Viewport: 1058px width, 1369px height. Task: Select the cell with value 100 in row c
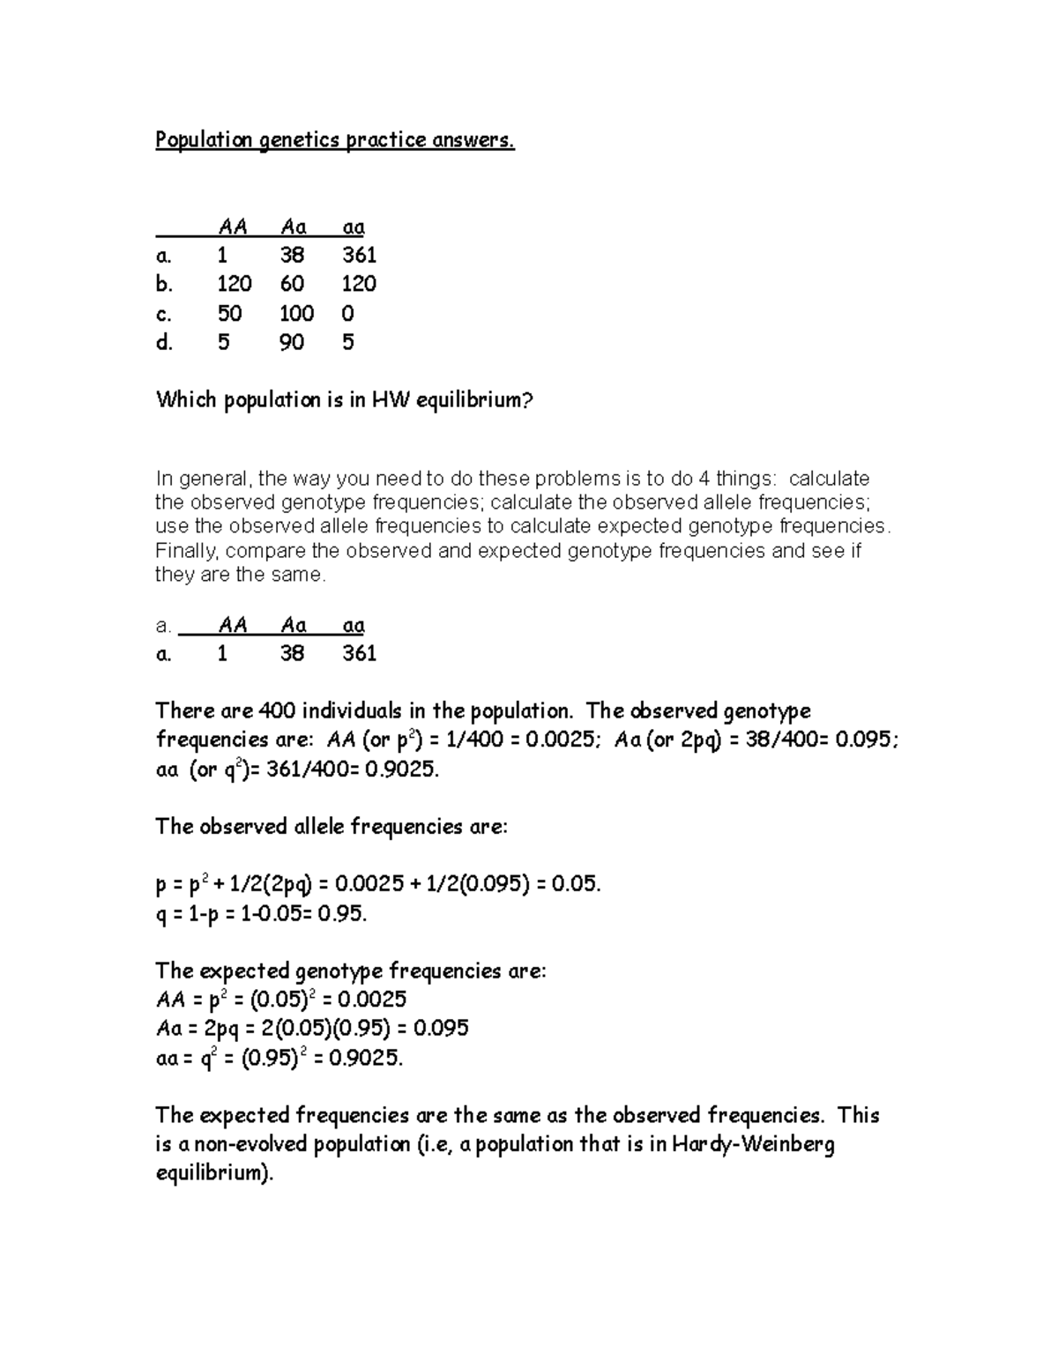coord(296,313)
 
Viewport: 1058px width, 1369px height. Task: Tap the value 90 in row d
coord(292,342)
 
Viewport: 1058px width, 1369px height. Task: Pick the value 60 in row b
coord(292,284)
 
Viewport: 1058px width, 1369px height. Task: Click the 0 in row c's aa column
coord(347,313)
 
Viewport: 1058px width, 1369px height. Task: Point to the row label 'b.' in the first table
coord(164,284)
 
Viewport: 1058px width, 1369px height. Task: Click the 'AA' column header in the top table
coord(233,227)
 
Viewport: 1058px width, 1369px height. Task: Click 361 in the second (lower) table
coord(360,653)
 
